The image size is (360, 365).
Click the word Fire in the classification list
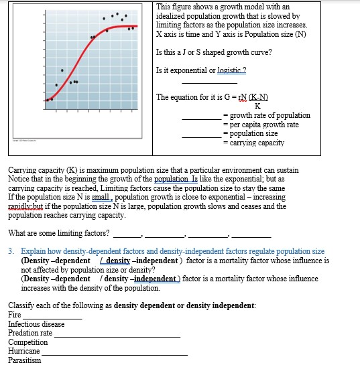(x=14, y=314)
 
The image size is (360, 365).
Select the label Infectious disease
(x=36, y=323)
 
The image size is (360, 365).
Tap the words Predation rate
(x=30, y=333)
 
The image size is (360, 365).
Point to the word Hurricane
(x=23, y=351)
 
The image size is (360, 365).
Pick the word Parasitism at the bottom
(x=24, y=360)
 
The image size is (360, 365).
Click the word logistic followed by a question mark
(x=227, y=70)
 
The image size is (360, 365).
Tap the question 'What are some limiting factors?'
(x=59, y=233)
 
